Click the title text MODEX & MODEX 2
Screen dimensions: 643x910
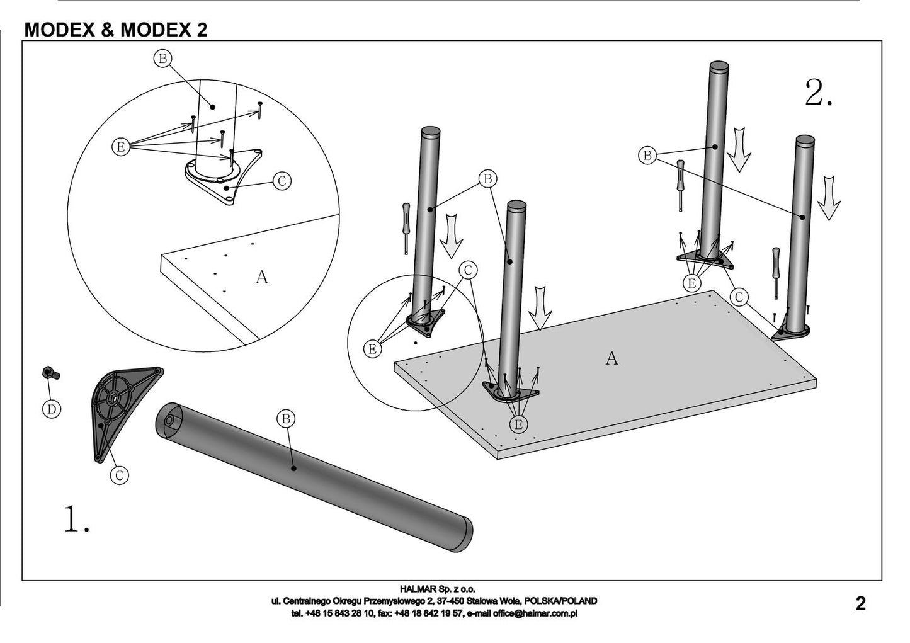(x=115, y=30)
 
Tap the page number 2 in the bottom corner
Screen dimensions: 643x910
(x=860, y=604)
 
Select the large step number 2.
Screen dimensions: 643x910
(x=819, y=93)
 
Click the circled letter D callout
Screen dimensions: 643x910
(x=52, y=409)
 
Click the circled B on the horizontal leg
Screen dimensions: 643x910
(x=285, y=418)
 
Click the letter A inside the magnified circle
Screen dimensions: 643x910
(x=261, y=276)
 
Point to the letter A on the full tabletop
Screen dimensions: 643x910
(x=611, y=358)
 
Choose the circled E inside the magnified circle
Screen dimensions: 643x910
(x=120, y=147)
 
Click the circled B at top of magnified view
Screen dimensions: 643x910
(x=162, y=59)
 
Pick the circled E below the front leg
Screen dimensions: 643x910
(x=518, y=424)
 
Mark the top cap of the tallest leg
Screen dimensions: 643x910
(x=719, y=67)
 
